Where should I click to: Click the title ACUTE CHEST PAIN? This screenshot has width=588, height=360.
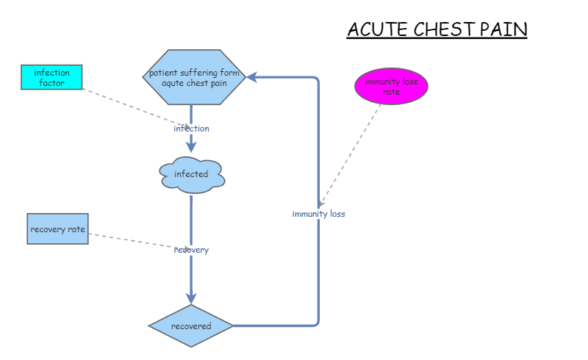pyautogui.click(x=437, y=29)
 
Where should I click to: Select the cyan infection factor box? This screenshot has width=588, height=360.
pyautogui.click(x=51, y=77)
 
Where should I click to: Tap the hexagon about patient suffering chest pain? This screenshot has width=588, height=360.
pyautogui.click(x=193, y=77)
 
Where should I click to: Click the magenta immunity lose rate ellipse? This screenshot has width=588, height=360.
pyautogui.click(x=391, y=87)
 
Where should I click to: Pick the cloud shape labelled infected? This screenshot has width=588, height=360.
pyautogui.click(x=191, y=175)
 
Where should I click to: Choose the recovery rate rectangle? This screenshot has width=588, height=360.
pyautogui.click(x=57, y=229)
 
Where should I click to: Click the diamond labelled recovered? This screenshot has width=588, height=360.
pyautogui.click(x=191, y=325)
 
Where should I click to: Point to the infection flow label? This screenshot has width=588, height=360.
pyautogui.click(x=191, y=129)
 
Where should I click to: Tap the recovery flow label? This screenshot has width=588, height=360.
pyautogui.click(x=191, y=250)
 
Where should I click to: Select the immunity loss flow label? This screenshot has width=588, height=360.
pyautogui.click(x=318, y=214)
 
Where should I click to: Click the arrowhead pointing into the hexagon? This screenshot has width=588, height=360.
pyautogui.click(x=251, y=76)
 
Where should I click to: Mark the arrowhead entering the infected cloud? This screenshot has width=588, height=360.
pyautogui.click(x=191, y=148)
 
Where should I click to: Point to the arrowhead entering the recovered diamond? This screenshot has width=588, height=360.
pyautogui.click(x=191, y=298)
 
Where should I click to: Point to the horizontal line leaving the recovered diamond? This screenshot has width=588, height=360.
pyautogui.click(x=276, y=325)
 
